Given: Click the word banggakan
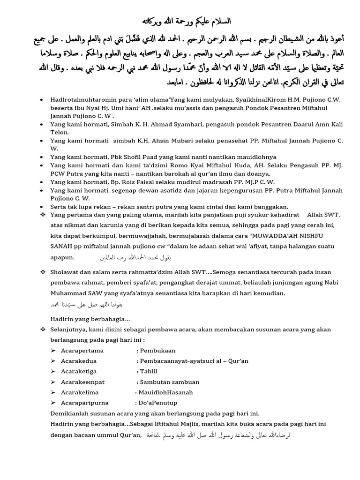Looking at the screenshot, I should [270, 207].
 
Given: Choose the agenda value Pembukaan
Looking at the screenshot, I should [157, 350].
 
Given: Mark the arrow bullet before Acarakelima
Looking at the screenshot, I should [53, 392].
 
